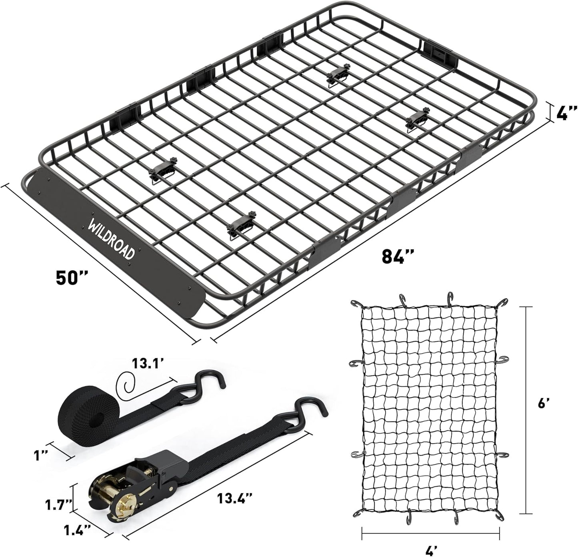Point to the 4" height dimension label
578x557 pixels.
tap(566, 113)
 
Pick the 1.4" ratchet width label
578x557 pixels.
tap(76, 530)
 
